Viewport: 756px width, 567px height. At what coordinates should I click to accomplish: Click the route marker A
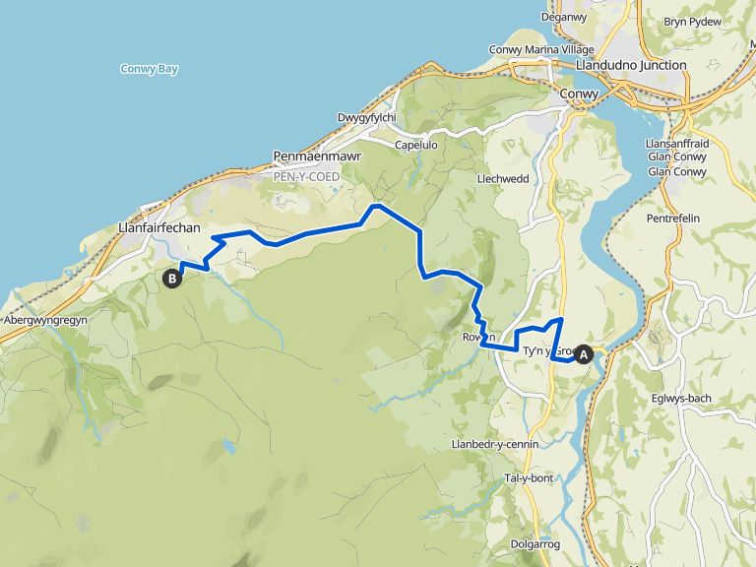(x=584, y=355)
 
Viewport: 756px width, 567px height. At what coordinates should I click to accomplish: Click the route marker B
(x=172, y=279)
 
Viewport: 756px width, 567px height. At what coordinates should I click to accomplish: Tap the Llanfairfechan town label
(x=158, y=227)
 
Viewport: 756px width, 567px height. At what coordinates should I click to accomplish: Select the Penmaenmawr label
(x=317, y=156)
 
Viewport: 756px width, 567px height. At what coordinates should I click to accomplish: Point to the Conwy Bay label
(x=149, y=69)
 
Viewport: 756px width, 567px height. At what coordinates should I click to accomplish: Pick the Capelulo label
(x=416, y=143)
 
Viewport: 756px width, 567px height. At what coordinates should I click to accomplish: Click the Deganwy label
(x=563, y=17)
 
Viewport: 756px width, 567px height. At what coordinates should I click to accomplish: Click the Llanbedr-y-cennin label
(x=494, y=444)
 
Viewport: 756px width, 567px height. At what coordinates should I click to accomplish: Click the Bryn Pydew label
(x=693, y=21)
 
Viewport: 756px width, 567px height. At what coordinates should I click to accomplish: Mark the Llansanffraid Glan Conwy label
(x=678, y=157)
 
